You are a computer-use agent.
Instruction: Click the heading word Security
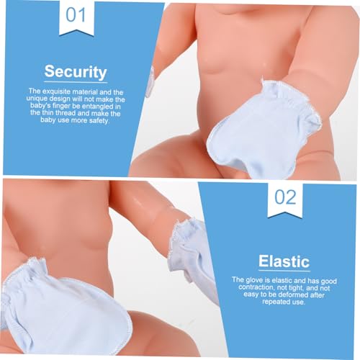(x=75, y=72)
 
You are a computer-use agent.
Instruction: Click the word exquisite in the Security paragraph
(x=67, y=91)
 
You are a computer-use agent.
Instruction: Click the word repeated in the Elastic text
(x=258, y=302)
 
